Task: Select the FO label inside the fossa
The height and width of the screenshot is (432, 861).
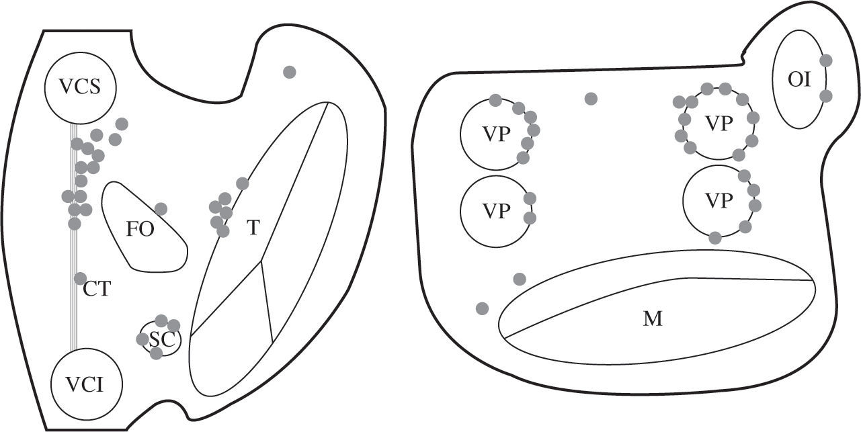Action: tap(140, 229)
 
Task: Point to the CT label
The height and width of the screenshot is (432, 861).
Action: tap(97, 291)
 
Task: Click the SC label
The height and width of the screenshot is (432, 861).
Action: tap(162, 339)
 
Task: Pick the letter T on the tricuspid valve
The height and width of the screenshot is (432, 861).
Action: tap(253, 228)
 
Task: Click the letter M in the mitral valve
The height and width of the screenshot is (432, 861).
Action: tap(652, 319)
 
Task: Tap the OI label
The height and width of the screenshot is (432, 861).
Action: tap(800, 80)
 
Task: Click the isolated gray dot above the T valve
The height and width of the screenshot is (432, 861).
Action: tap(290, 72)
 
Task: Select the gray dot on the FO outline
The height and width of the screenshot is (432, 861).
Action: tap(161, 209)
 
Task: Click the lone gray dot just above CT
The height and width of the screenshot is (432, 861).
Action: tap(80, 278)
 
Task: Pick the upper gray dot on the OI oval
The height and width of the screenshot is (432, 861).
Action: tap(826, 60)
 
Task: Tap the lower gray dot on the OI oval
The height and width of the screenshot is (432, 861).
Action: tap(826, 96)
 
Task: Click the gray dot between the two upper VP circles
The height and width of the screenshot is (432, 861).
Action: tap(591, 99)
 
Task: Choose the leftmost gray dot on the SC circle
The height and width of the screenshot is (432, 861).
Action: tap(142, 339)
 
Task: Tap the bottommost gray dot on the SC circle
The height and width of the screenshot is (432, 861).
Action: tap(156, 353)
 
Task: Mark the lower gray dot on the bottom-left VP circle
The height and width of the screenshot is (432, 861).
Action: tap(530, 218)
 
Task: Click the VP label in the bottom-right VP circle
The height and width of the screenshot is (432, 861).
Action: tap(719, 200)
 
